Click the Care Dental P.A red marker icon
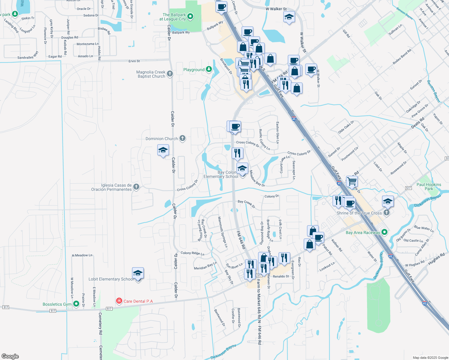(119, 301)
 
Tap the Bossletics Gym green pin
(76, 304)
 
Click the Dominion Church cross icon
(182, 138)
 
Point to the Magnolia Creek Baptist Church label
(151, 74)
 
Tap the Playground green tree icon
(209, 69)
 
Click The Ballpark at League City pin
(190, 17)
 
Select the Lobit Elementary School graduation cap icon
(138, 273)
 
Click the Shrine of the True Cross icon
(387, 213)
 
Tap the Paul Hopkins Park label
(429, 187)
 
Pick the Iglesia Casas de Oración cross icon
(136, 187)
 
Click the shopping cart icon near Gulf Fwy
(352, 181)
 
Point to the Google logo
(10, 356)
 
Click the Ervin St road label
(134, 61)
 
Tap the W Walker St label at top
(276, 9)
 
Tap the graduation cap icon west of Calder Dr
(163, 150)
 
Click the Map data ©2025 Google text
(430, 357)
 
